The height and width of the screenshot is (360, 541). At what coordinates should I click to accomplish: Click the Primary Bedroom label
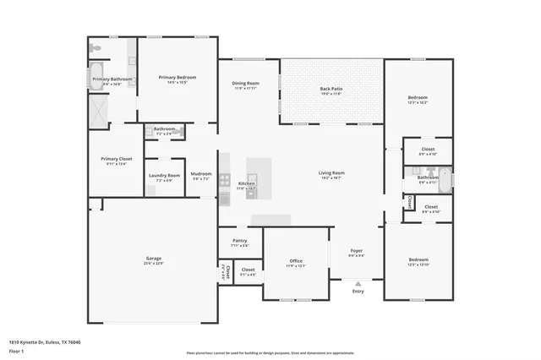click(178, 78)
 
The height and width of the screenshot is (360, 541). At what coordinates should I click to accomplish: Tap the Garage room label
click(153, 258)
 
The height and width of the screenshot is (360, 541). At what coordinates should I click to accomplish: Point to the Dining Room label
click(246, 84)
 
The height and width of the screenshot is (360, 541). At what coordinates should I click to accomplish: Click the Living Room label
click(331, 173)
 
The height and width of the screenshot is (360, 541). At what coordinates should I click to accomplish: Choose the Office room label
click(295, 261)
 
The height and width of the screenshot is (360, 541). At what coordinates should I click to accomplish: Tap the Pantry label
click(239, 241)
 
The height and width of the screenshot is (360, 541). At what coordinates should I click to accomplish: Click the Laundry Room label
click(164, 176)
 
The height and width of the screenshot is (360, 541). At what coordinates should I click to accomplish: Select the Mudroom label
click(201, 174)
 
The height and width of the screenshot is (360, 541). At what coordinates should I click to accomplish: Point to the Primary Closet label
click(116, 159)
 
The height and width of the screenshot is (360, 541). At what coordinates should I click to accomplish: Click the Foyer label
click(357, 251)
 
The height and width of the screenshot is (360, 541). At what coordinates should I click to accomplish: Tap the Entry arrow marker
click(358, 284)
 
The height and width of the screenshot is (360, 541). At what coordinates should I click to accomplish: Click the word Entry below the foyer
click(358, 292)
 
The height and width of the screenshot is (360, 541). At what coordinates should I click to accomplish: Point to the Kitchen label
click(246, 183)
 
